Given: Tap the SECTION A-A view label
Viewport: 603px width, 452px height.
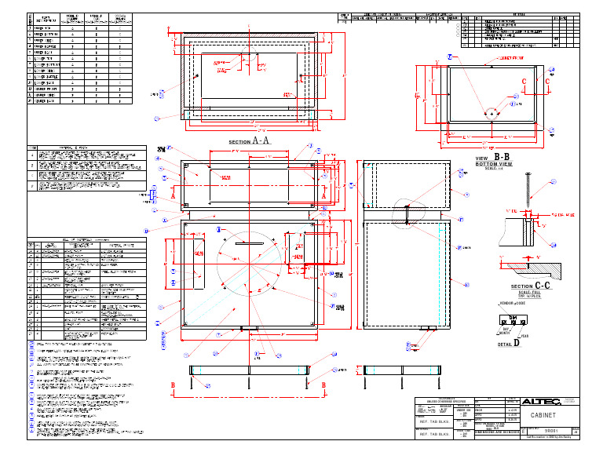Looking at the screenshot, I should tap(249, 140).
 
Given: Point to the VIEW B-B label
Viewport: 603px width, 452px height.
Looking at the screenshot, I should tap(492, 158).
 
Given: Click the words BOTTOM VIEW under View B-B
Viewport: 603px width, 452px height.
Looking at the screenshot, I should tap(494, 164).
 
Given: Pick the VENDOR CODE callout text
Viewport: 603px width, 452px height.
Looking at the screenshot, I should tap(515, 301).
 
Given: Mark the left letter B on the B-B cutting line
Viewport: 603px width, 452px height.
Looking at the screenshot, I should tap(174, 385).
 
